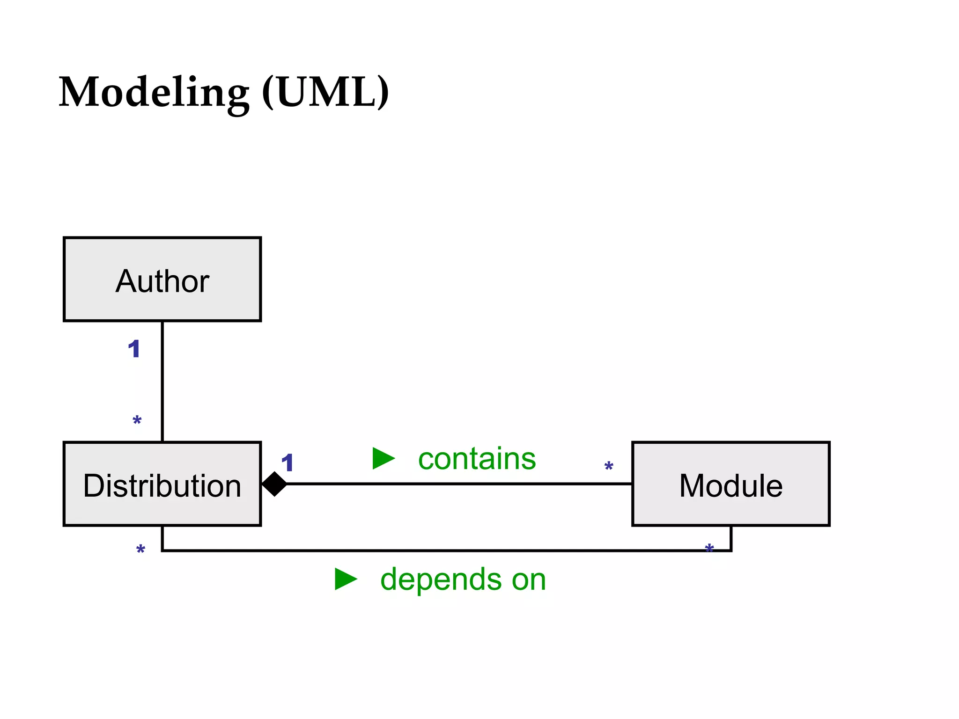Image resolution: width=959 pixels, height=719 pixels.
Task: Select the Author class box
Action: (162, 279)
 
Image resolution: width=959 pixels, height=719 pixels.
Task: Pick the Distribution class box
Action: (162, 484)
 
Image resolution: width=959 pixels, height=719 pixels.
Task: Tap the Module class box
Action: (730, 484)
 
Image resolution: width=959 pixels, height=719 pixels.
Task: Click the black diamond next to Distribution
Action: (274, 484)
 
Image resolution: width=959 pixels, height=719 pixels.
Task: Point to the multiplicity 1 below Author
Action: (134, 349)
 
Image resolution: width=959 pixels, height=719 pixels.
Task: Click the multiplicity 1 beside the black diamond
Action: (287, 463)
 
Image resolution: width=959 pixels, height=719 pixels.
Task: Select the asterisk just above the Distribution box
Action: (137, 420)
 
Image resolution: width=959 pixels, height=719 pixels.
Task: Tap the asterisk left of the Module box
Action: (608, 466)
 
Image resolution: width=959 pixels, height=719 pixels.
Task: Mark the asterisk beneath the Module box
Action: (709, 548)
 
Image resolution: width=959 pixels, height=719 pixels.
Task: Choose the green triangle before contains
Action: (383, 458)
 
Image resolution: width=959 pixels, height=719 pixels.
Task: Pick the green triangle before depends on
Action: (346, 579)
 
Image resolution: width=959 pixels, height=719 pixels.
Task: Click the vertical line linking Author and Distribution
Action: (162, 382)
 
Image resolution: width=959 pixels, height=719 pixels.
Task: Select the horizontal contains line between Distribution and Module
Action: (459, 484)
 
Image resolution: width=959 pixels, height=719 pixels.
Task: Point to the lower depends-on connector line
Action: (445, 551)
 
